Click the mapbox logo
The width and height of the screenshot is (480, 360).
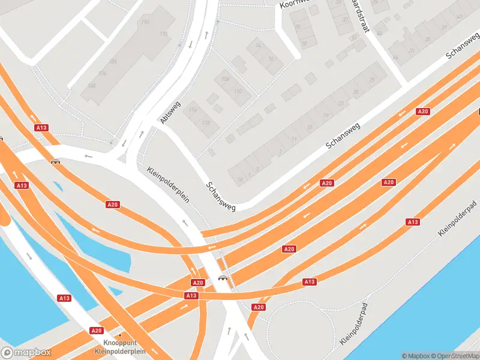(25, 353)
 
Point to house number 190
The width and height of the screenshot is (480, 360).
(145, 22)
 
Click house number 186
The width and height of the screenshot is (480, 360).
(113, 61)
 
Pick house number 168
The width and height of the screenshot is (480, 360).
(92, 86)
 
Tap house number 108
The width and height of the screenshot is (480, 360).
(225, 79)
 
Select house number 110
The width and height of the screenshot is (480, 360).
(238, 91)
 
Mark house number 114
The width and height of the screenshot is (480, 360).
(193, 110)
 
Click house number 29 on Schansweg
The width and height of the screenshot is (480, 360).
(372, 80)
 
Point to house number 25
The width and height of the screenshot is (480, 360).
(356, 92)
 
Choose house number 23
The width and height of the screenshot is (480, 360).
(341, 103)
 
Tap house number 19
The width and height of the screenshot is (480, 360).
(325, 115)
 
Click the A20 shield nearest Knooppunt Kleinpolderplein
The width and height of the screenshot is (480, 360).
(96, 331)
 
